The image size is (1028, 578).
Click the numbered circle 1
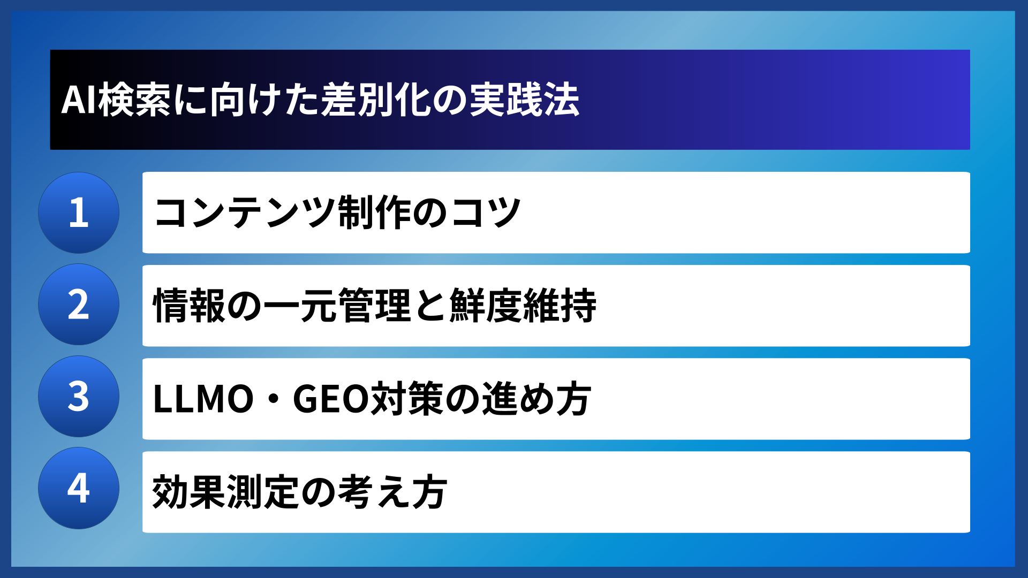tap(79, 212)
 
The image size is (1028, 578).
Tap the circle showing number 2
tap(79, 305)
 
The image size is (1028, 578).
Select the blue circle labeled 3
tap(79, 397)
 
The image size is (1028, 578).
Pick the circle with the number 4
tap(79, 488)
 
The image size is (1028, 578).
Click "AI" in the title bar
tap(79, 100)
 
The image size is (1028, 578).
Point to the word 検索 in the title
tap(134, 100)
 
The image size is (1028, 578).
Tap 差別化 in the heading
tap(376, 100)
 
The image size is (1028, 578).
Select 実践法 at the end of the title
tap(524, 100)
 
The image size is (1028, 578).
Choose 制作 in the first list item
tap(374, 212)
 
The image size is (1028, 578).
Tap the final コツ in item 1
tap(485, 212)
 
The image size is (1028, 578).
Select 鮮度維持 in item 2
tap(523, 306)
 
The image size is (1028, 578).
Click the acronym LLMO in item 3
tap(203, 399)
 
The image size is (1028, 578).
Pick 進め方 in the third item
tap(536, 399)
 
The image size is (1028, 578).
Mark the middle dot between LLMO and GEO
tap(273, 399)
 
